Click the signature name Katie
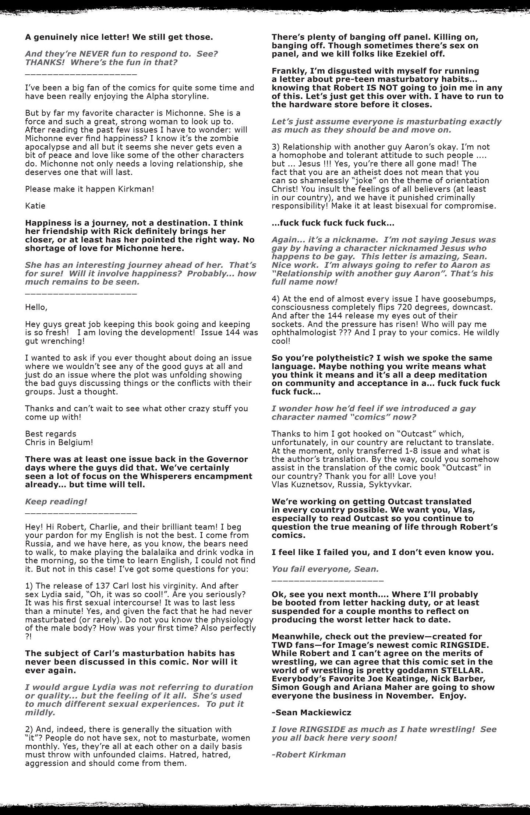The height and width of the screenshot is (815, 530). (35, 206)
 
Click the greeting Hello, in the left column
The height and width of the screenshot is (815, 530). (36, 307)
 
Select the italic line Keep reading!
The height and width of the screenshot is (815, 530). (56, 502)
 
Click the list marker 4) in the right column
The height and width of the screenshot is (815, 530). (276, 299)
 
